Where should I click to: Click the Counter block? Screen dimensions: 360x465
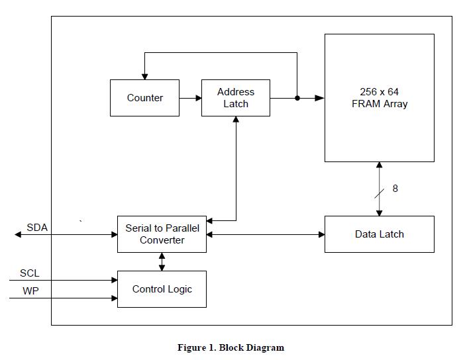click(144, 98)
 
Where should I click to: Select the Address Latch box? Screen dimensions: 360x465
click(235, 98)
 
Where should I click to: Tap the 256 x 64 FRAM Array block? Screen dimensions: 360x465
click(379, 98)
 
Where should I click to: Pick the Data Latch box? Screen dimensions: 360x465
click(379, 234)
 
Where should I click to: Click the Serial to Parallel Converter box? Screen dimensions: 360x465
click(162, 234)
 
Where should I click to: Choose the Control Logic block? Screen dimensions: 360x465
click(162, 289)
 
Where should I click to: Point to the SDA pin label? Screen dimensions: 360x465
click(37, 228)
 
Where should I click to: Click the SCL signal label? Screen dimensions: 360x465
click(29, 273)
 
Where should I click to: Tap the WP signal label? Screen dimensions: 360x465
click(30, 291)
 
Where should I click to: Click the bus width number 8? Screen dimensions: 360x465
click(395, 189)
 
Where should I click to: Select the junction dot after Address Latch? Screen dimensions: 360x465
click(297, 98)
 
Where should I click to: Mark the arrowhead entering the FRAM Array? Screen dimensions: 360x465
click(320, 98)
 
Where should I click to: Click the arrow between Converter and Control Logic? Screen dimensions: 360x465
click(162, 261)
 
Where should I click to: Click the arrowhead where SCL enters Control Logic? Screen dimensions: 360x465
click(114, 280)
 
